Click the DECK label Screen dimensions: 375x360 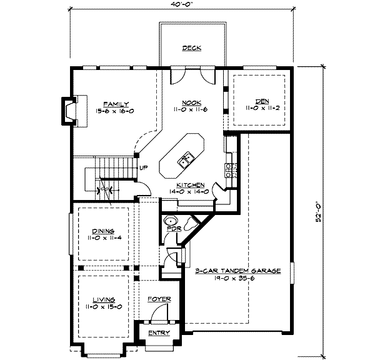tap(192, 48)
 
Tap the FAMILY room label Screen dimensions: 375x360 tap(116, 104)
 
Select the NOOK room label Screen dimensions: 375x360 tap(192, 103)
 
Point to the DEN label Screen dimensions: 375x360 tap(262, 101)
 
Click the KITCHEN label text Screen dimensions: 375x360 tap(191, 185)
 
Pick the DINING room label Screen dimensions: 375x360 tap(103, 231)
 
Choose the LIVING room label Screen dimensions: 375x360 tap(104, 300)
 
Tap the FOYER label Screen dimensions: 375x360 tap(159, 299)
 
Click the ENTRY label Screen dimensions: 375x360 tap(159, 332)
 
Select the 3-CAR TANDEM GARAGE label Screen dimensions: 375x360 tap(238, 271)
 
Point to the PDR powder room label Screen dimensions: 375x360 tap(174, 229)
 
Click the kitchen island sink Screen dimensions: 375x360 tap(186, 160)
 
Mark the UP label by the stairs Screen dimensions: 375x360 tap(144, 167)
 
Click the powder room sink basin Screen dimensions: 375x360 tap(171, 221)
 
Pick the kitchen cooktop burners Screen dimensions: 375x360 tap(231, 170)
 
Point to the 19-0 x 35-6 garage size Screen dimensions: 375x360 tap(234, 278)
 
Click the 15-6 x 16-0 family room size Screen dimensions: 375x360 tap(114, 111)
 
